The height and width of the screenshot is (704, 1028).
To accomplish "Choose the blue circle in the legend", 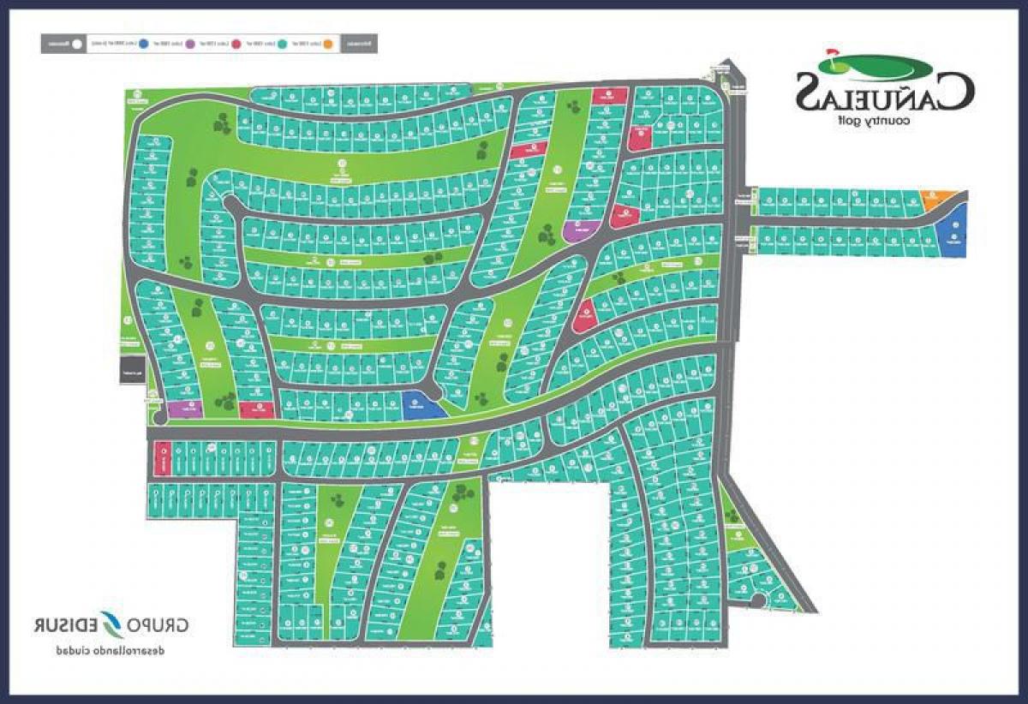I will (143, 42).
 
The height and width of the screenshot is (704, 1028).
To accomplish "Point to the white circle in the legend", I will (77, 42).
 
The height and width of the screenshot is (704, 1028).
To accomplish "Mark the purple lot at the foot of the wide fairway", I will (580, 230).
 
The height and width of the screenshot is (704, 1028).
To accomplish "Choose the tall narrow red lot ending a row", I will (162, 459).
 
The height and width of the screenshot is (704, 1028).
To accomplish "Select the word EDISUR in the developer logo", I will (63, 625).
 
